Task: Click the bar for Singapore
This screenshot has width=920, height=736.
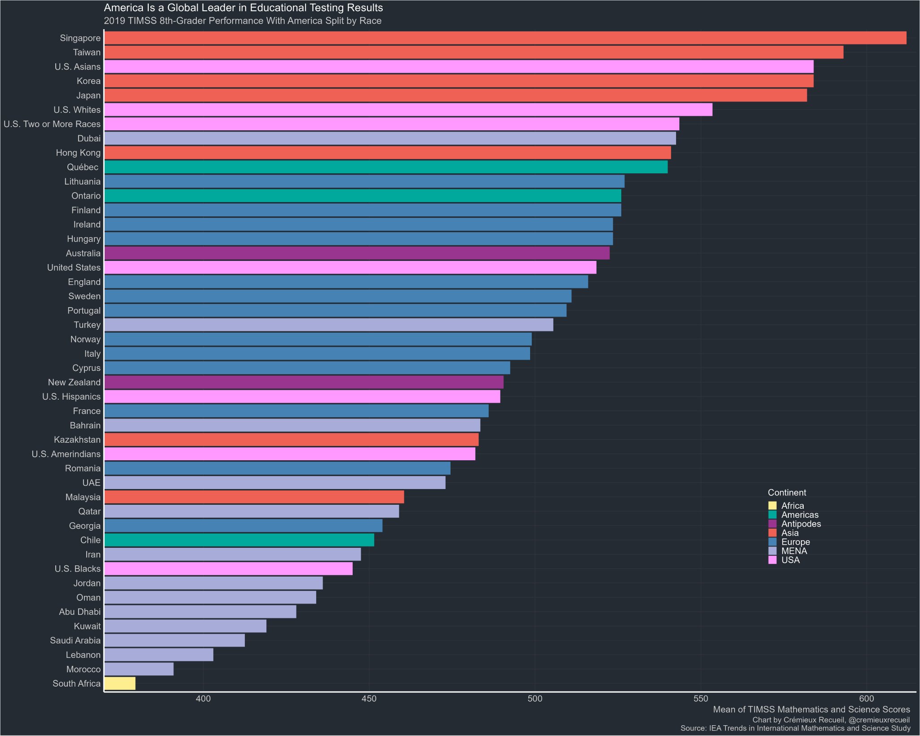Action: point(505,38)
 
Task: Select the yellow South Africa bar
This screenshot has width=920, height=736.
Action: point(120,683)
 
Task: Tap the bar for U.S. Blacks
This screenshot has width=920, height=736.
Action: point(228,569)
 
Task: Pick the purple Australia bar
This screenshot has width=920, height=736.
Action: point(357,253)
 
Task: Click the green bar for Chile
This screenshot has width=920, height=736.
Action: point(239,540)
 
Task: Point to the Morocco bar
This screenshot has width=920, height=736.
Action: point(139,669)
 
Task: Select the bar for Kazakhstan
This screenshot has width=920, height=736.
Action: point(292,440)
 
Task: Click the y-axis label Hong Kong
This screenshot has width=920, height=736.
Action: point(78,153)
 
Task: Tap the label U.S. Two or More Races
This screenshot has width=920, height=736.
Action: point(52,124)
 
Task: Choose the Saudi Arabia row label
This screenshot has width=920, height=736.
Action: point(75,640)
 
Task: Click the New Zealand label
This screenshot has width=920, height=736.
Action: point(75,382)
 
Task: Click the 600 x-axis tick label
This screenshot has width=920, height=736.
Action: point(867,699)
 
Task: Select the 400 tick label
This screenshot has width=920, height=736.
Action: point(203,699)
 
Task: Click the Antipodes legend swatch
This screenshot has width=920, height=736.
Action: point(773,524)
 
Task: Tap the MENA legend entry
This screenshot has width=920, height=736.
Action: point(788,551)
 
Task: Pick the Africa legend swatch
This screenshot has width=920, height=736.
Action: point(773,506)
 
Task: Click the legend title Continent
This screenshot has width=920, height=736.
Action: point(787,493)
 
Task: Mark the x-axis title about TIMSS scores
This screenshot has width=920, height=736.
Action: point(812,710)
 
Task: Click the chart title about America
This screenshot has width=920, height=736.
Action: point(243,8)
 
